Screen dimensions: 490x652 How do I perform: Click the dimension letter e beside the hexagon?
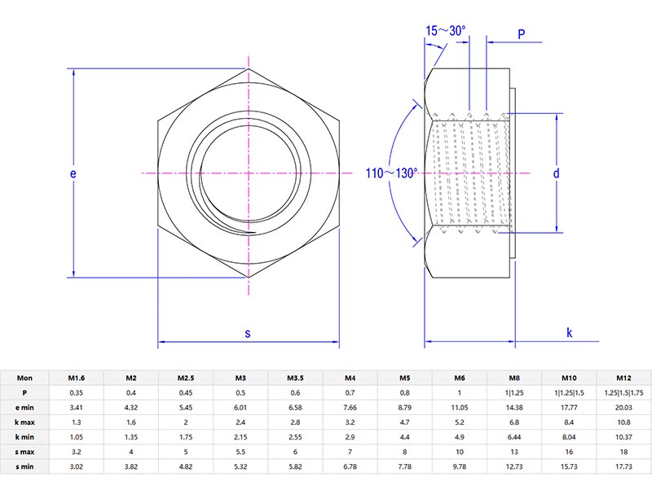(x=73, y=174)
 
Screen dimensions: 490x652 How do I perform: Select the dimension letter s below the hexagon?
(x=248, y=333)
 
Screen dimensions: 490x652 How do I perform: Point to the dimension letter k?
(x=569, y=333)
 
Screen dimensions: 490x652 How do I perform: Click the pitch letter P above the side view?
(x=521, y=33)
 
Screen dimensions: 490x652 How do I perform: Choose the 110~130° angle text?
(x=391, y=173)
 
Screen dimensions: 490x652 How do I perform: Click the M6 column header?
(x=460, y=378)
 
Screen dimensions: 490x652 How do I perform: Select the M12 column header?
(x=623, y=378)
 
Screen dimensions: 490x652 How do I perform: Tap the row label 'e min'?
(x=24, y=407)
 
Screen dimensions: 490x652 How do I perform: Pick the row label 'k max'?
(x=24, y=422)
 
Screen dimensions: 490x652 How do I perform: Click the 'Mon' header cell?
(x=24, y=378)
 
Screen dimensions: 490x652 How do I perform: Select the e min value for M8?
(x=514, y=407)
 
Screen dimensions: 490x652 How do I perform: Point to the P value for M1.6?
(x=76, y=392)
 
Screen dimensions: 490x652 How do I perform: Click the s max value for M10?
(x=569, y=451)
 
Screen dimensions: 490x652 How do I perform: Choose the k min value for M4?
(x=350, y=436)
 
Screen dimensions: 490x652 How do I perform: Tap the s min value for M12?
(x=623, y=466)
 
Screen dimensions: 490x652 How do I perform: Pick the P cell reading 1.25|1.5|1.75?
(x=623, y=392)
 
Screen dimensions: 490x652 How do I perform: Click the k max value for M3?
(x=240, y=422)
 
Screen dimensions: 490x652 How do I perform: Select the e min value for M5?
(x=404, y=407)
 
